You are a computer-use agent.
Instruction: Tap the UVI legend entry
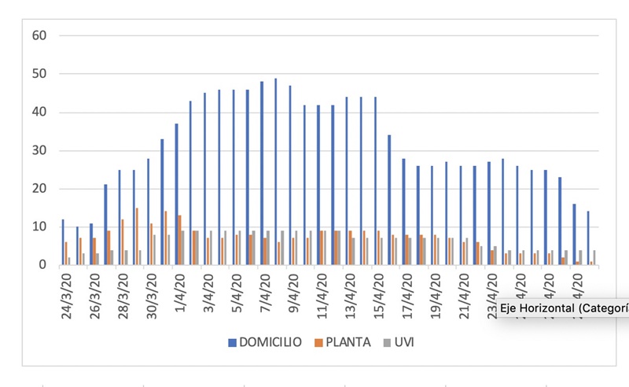tap(398, 343)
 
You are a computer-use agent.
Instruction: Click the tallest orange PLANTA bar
tap(137, 236)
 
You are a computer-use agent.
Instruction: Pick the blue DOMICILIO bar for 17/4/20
tap(403, 212)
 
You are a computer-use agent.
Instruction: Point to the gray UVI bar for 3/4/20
tap(211, 248)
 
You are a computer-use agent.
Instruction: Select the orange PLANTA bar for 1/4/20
tap(180, 240)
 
